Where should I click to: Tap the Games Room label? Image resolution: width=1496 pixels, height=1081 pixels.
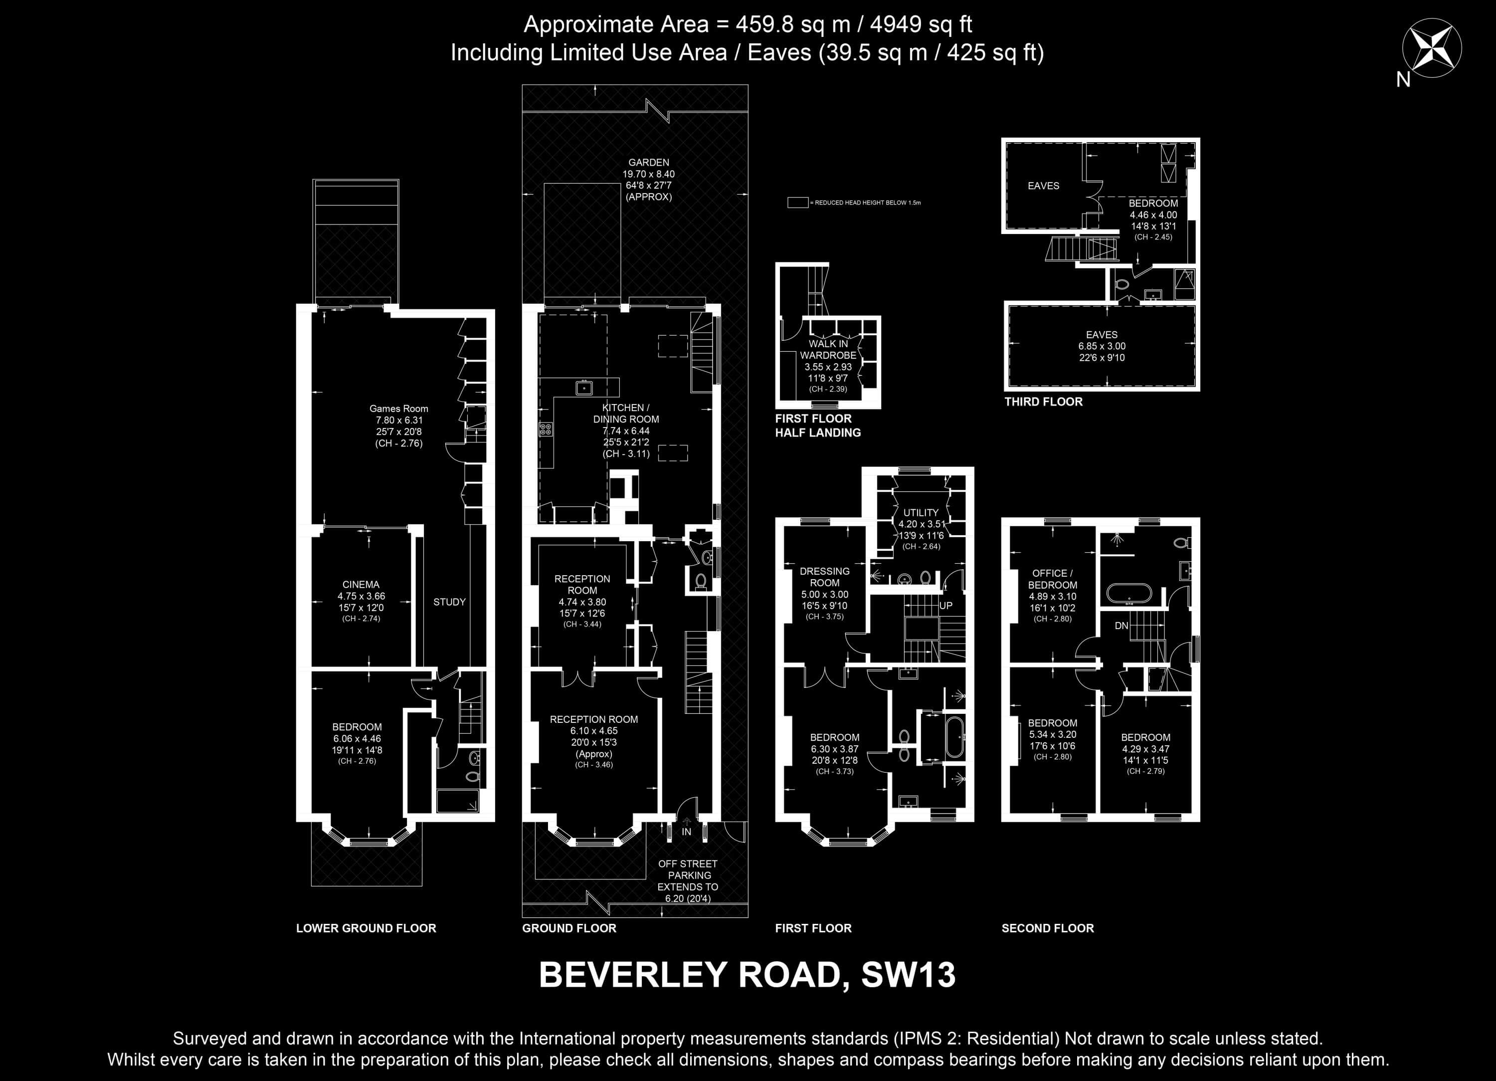(x=398, y=409)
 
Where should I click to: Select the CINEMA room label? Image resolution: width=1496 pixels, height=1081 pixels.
(x=361, y=584)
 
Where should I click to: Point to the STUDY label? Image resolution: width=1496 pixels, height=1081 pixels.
(x=449, y=602)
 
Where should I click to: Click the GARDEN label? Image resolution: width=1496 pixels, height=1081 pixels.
(x=648, y=162)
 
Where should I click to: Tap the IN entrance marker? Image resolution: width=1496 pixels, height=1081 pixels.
(x=687, y=832)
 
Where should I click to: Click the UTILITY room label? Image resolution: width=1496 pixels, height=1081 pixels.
(x=921, y=512)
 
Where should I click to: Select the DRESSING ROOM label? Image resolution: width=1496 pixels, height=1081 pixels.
(x=824, y=577)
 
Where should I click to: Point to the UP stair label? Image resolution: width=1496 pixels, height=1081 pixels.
(x=946, y=605)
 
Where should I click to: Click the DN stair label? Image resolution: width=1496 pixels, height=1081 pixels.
(x=1122, y=626)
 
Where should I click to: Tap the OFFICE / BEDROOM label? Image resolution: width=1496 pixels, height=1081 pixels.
(x=1052, y=579)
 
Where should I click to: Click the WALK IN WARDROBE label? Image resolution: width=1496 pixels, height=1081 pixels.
(x=828, y=349)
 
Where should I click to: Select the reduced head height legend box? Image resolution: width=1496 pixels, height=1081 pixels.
(x=797, y=203)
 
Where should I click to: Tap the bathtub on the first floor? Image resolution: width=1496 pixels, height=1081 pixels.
(x=953, y=738)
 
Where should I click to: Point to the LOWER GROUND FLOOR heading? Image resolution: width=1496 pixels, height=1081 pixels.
(x=366, y=928)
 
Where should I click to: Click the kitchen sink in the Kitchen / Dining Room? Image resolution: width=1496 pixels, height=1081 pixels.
(x=584, y=388)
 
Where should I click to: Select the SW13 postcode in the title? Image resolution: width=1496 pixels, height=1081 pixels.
(x=908, y=975)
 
